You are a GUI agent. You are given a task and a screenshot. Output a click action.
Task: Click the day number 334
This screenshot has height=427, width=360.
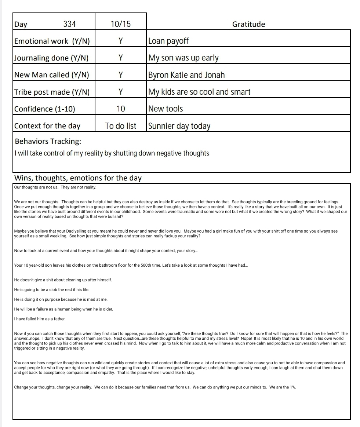(x=69, y=24)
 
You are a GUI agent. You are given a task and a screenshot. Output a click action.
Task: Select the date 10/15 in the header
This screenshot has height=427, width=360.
(x=120, y=24)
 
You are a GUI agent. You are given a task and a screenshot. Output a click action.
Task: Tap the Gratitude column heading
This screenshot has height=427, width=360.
(x=248, y=24)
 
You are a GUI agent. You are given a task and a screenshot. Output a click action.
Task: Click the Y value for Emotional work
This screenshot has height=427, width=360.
(x=120, y=41)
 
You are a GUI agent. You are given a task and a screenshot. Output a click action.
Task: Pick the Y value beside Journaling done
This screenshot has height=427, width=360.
(x=120, y=58)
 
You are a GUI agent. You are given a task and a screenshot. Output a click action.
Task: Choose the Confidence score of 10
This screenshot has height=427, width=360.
(x=120, y=109)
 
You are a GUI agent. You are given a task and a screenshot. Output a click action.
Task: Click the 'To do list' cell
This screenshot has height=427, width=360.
(x=120, y=126)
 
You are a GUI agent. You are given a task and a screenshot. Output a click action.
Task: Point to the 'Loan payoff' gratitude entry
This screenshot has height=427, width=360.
(x=168, y=41)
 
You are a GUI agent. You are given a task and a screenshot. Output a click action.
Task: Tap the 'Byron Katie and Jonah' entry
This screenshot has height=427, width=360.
(x=186, y=75)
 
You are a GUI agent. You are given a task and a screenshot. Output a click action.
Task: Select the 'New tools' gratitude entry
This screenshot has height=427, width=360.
(x=166, y=109)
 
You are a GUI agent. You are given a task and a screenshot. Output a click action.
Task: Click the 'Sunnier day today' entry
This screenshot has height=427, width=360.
(x=179, y=126)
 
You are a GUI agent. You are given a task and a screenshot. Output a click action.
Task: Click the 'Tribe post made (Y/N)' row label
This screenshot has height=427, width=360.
(x=52, y=92)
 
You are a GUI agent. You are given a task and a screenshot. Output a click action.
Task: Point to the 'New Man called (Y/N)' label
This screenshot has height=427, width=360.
(x=52, y=75)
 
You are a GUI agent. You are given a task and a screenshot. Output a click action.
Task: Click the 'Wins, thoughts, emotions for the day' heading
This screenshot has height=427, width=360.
(x=78, y=178)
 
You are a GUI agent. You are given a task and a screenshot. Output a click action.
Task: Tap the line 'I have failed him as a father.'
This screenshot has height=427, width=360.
(x=40, y=319)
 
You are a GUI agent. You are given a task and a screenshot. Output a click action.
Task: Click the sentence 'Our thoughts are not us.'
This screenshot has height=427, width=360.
(x=36, y=187)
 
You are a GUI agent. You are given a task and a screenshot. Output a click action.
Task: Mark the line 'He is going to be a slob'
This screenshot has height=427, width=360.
(x=52, y=289)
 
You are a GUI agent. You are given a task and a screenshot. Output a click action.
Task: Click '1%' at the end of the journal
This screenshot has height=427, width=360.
(x=292, y=387)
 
